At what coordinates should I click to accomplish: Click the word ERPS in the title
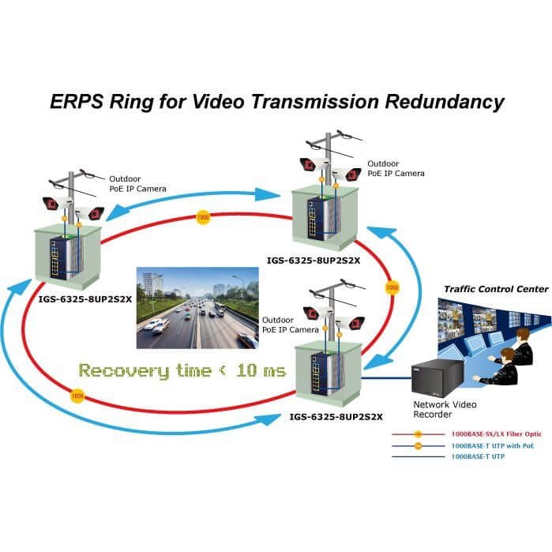tap(77, 101)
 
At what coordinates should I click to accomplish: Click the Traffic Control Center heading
tap(496, 289)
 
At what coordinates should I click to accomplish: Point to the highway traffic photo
tap(197, 308)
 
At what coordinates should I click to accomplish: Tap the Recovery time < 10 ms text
tap(182, 370)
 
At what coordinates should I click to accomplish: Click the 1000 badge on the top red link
tap(202, 217)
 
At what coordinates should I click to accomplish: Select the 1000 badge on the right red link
tap(392, 287)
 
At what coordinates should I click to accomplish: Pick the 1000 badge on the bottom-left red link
tap(77, 396)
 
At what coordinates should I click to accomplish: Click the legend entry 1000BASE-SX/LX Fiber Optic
tap(497, 434)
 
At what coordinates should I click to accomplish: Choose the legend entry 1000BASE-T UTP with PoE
tap(493, 445)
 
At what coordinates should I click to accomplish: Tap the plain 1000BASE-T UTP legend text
tap(478, 456)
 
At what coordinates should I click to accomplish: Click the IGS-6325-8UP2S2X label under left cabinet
tap(84, 299)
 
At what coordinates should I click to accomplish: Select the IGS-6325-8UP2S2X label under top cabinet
tap(314, 261)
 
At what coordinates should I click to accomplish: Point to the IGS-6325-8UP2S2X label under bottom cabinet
tap(336, 417)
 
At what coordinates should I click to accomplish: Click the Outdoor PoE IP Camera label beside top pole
tap(396, 168)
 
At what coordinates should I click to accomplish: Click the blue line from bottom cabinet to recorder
tap(386, 378)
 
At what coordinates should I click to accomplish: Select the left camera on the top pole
tap(314, 163)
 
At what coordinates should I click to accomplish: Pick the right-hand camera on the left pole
tap(90, 212)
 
